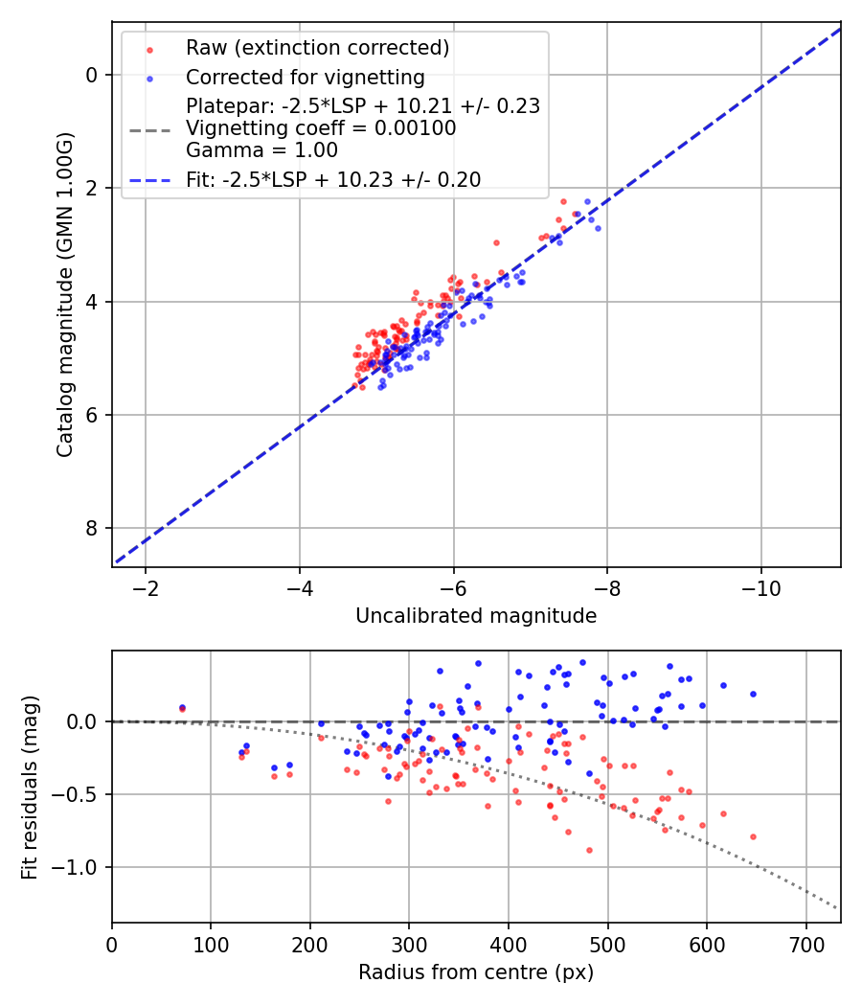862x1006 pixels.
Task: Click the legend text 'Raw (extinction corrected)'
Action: pos(317,48)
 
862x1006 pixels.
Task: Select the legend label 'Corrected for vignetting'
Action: pos(306,77)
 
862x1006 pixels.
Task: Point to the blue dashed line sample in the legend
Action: pos(149,180)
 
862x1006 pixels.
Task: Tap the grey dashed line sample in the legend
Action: pos(149,130)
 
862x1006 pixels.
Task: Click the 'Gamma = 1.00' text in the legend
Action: pos(261,150)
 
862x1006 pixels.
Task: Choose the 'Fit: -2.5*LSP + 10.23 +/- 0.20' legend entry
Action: pos(333,180)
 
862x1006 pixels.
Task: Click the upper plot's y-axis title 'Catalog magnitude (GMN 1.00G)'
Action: pos(65,295)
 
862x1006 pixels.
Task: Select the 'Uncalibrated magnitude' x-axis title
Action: pos(476,615)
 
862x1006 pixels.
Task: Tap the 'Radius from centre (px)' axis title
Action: pos(476,972)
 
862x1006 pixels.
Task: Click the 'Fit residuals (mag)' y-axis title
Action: pos(30,788)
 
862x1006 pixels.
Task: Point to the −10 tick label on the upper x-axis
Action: pos(760,588)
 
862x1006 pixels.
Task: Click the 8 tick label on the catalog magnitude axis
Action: pos(92,528)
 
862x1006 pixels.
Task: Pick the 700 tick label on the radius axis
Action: pos(806,945)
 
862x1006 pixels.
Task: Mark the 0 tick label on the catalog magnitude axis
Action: pos(92,75)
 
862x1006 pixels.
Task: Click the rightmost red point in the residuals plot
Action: pos(753,836)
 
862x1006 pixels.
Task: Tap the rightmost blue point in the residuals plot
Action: pos(753,695)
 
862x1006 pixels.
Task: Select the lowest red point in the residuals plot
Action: pos(589,850)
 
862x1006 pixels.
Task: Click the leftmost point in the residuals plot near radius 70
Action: pos(182,708)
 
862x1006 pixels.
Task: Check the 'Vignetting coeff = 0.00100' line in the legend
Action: pos(321,127)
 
